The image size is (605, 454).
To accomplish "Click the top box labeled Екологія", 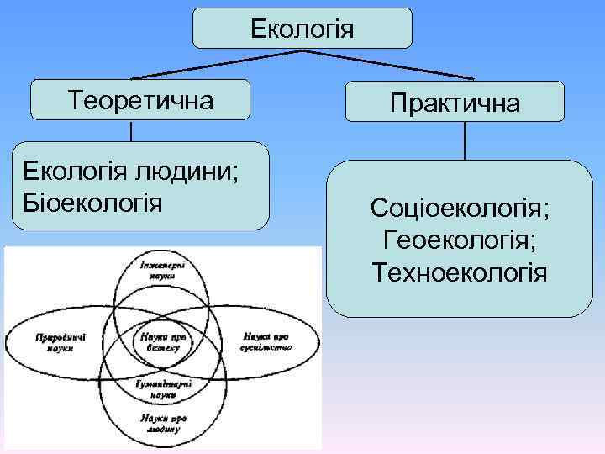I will (x=302, y=29).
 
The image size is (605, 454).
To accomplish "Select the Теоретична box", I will (x=140, y=99).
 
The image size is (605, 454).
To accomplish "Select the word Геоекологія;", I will (x=460, y=240).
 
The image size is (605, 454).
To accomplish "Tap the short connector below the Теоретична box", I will (x=131, y=130).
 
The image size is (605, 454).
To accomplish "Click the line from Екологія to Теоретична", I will (x=218, y=65).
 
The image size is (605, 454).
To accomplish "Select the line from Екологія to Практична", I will (x=387, y=66).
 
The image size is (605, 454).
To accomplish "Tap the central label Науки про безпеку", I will (x=162, y=342).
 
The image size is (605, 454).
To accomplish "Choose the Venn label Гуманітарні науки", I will (x=162, y=388).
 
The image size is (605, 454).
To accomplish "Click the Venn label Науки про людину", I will (x=162, y=422).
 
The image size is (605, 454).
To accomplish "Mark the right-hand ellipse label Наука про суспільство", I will (x=266, y=341).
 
